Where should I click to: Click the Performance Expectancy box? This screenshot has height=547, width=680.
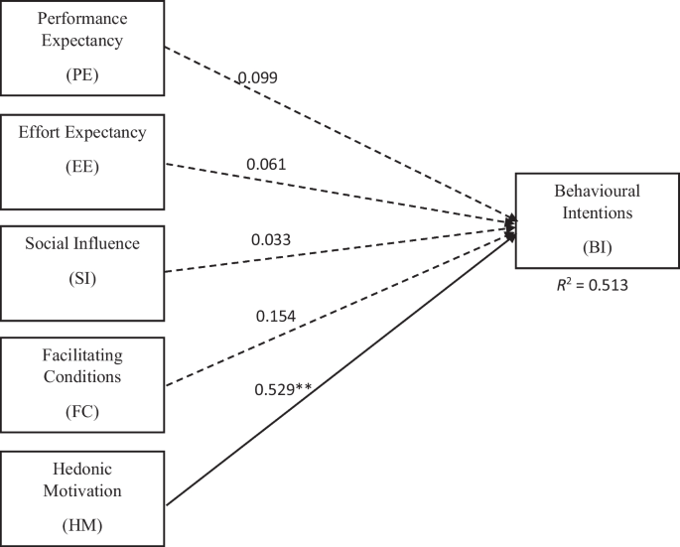click(x=81, y=49)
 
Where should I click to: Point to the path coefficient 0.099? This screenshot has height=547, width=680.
click(x=257, y=77)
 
